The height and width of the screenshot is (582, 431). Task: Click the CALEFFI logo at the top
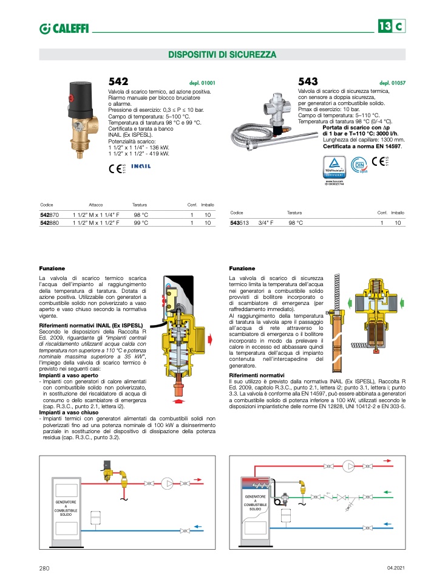pos(64,28)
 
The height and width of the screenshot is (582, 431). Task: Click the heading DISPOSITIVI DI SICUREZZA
pos(222,55)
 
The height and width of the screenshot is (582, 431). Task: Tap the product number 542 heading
pos(118,81)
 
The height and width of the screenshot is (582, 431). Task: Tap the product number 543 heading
pos(308,81)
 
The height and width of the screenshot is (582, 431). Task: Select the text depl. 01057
pos(393,83)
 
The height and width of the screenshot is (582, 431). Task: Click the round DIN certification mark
pos(359,164)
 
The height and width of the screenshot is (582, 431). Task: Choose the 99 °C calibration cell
pos(141,223)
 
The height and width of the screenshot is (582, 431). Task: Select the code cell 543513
pos(240,224)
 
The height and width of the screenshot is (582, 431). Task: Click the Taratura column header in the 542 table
pos(140,205)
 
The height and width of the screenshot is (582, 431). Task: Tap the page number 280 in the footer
pos(44,568)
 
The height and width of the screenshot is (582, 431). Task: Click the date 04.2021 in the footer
pos(396,568)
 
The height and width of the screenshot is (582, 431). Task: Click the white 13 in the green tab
pos(385,27)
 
